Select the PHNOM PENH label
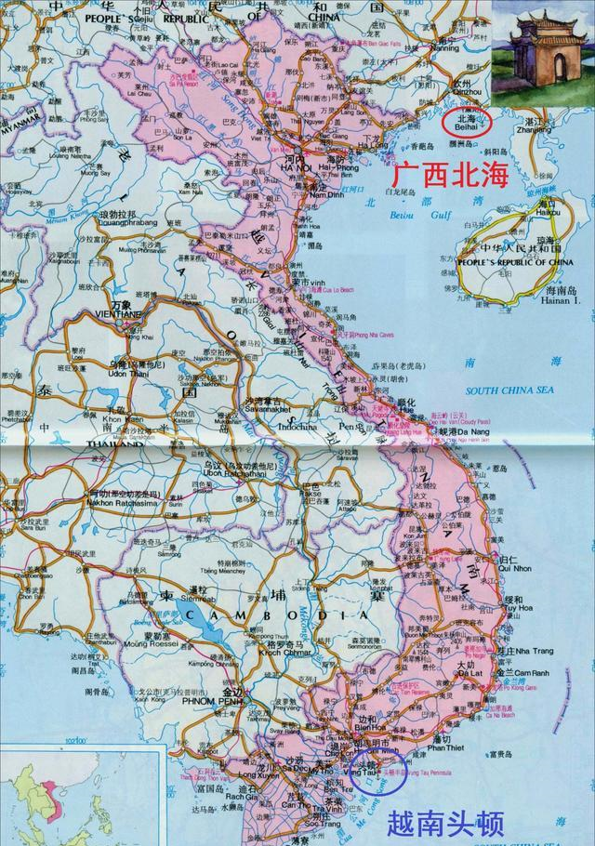point(229,705)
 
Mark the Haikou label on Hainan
point(549,212)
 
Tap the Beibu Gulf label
point(412,216)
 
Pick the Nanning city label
point(450,47)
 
